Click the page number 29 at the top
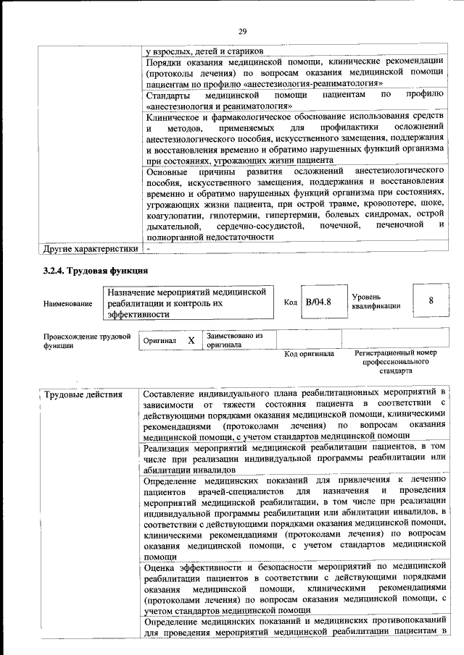[x=243, y=30]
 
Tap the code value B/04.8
[x=318, y=303]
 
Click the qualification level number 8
[x=431, y=302]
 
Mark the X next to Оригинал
[x=191, y=339]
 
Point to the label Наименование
[x=68, y=303]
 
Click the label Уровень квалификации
[x=376, y=301]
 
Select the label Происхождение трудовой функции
[x=86, y=341]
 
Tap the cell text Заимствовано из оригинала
[x=234, y=340]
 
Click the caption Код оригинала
[x=309, y=354]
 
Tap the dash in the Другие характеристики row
[x=149, y=249]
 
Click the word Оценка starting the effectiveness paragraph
[x=160, y=569]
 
